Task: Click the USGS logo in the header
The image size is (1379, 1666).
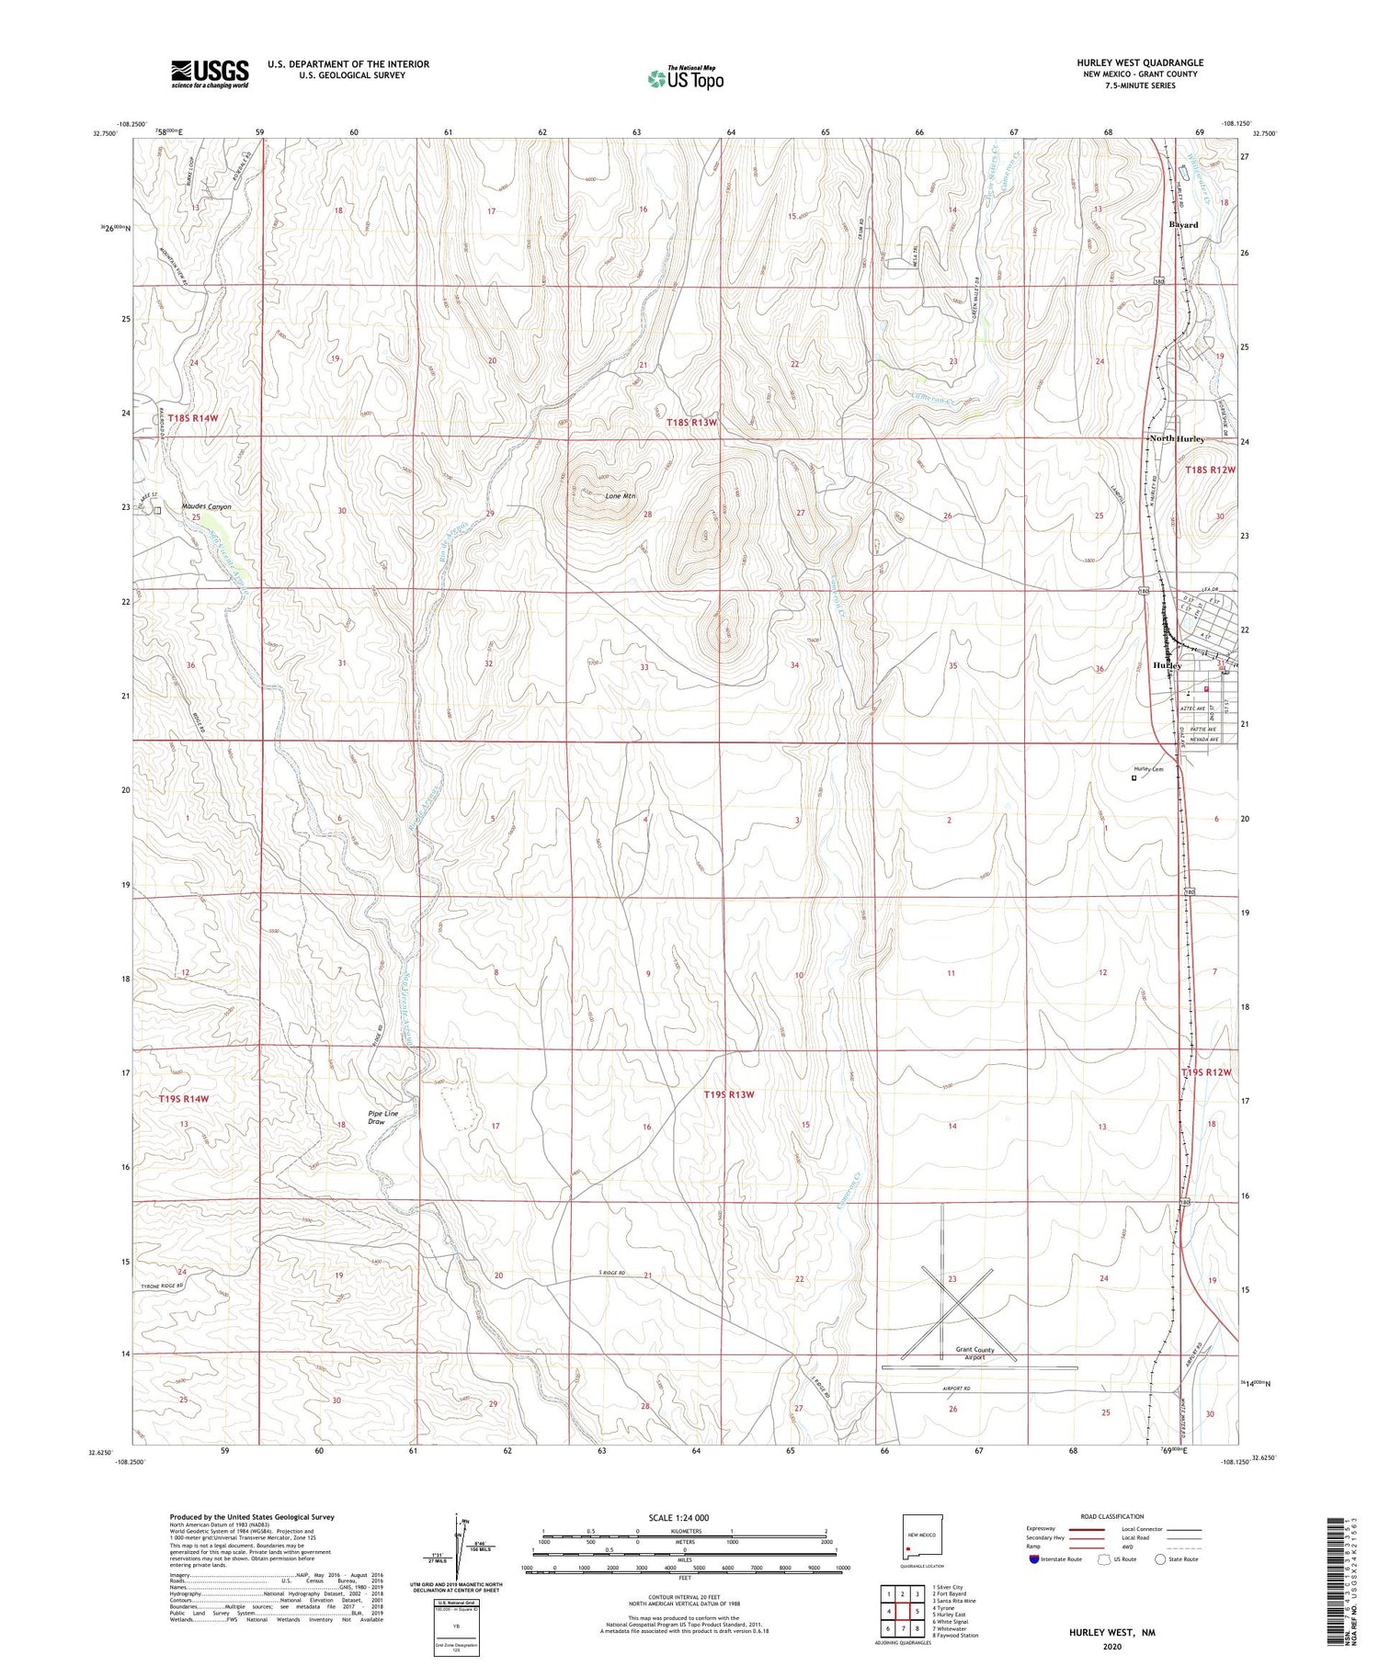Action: coord(210,74)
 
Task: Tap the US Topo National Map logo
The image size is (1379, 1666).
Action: coord(686,78)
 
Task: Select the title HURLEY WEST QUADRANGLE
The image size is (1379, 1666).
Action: coord(1140,62)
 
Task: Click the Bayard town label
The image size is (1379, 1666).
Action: coord(1183,225)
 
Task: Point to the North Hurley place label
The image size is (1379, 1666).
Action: coord(1178,439)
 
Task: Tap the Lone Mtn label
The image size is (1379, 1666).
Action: coord(621,496)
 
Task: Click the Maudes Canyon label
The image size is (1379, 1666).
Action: coord(206,506)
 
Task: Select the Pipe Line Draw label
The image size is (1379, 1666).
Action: coord(382,1117)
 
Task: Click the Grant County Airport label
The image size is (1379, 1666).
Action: coord(974,1354)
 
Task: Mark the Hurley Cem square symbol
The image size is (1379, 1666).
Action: coord(1134,777)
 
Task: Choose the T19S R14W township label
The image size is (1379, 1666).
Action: coord(183,1099)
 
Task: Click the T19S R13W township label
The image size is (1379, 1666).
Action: coord(728,1094)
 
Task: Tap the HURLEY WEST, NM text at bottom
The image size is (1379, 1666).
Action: coord(1111,1633)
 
